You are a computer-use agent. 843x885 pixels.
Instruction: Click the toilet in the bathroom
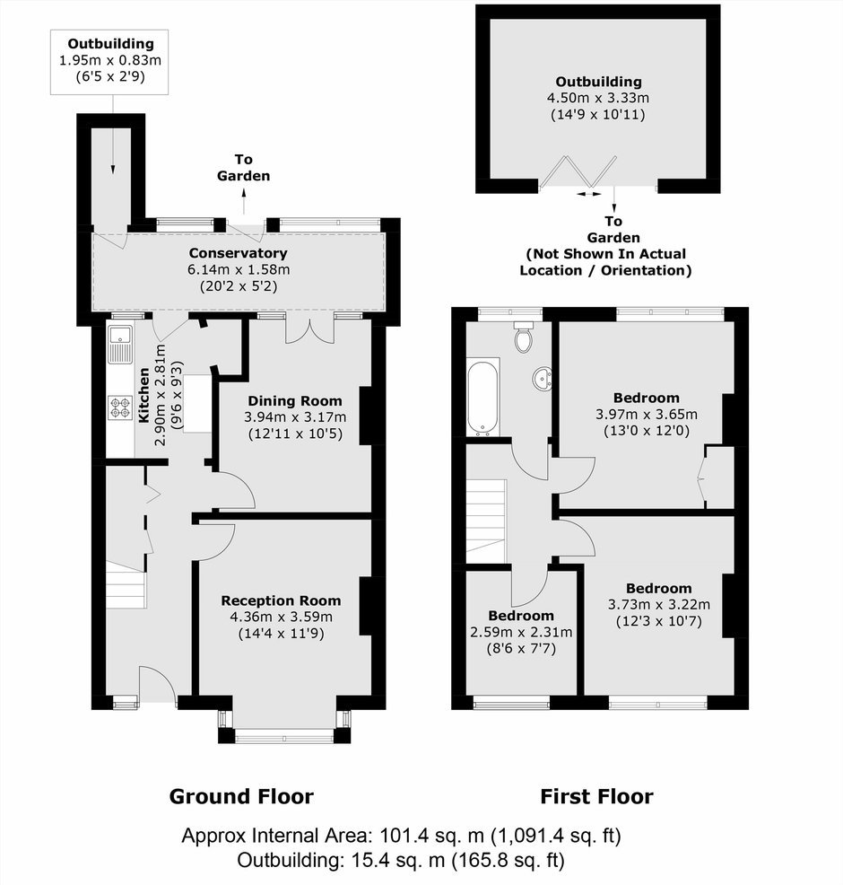524,337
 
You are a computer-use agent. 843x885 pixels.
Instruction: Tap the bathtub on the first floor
483,397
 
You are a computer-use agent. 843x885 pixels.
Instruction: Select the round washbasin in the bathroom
543,378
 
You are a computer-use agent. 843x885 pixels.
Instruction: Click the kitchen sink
119,345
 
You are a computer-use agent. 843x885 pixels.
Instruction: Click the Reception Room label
281,600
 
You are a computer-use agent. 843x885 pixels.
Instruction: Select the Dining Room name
295,400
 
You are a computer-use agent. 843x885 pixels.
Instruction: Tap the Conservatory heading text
238,253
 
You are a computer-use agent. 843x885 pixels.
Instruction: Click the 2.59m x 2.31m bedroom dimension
521,632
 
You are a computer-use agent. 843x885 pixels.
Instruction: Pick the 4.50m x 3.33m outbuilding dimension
597,98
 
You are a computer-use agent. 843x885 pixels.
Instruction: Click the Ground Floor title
241,796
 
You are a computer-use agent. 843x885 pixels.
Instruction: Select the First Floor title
596,796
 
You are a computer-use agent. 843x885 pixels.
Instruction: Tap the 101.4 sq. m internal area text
432,836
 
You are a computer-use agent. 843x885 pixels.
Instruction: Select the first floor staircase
486,521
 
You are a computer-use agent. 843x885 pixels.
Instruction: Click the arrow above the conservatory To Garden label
244,201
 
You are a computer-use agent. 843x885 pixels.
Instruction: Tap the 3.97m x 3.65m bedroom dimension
647,415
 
